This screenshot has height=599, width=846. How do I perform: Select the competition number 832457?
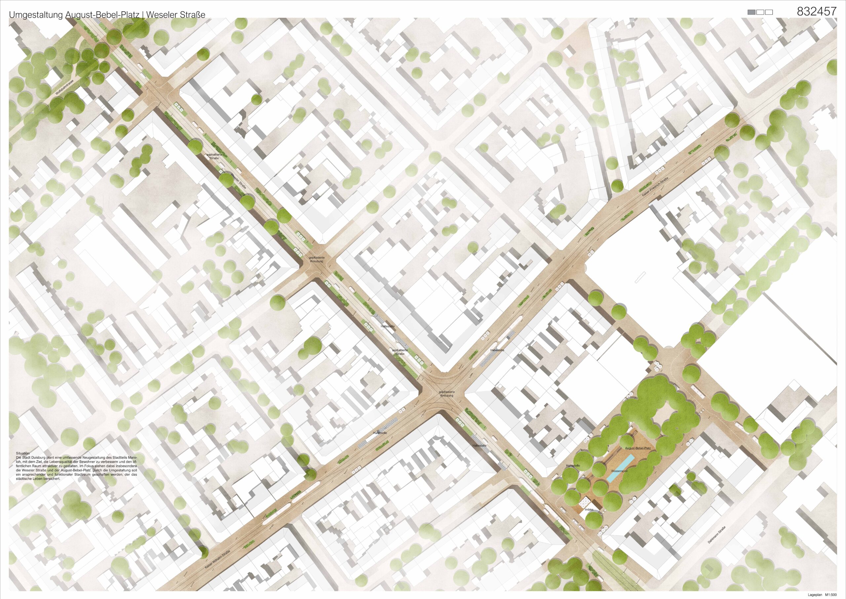(816, 12)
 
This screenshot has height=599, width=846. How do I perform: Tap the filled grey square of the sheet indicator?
(751, 12)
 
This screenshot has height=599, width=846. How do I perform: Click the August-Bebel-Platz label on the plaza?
(638, 448)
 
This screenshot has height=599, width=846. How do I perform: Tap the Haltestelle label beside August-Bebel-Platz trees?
(573, 466)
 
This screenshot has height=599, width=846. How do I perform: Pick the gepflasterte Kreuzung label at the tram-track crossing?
(446, 394)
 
